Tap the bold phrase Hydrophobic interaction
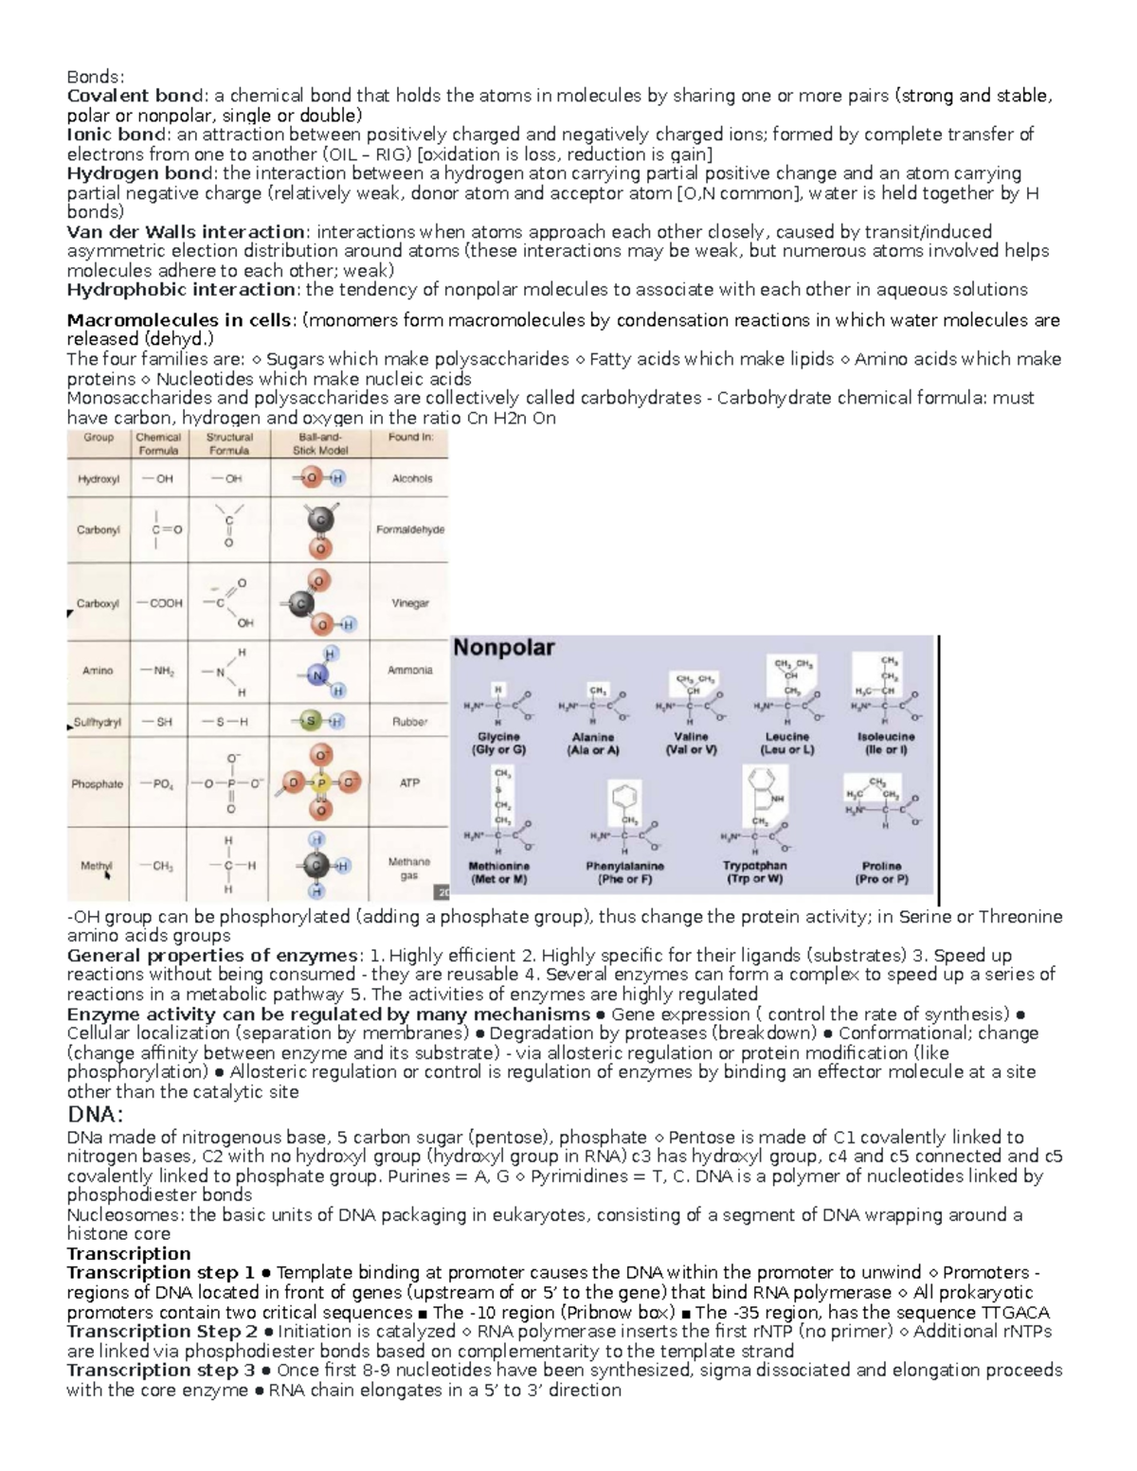click(181, 290)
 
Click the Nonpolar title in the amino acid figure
click(504, 649)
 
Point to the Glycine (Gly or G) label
click(497, 744)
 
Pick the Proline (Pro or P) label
click(881, 872)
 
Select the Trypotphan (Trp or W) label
click(754, 872)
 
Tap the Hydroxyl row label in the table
click(99, 479)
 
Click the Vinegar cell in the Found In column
click(410, 603)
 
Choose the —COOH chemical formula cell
click(160, 603)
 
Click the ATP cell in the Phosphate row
click(409, 783)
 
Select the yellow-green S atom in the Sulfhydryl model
click(310, 723)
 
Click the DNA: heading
click(96, 1115)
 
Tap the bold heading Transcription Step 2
click(162, 1332)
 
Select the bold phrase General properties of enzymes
click(213, 955)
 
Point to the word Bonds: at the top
click(95, 77)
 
